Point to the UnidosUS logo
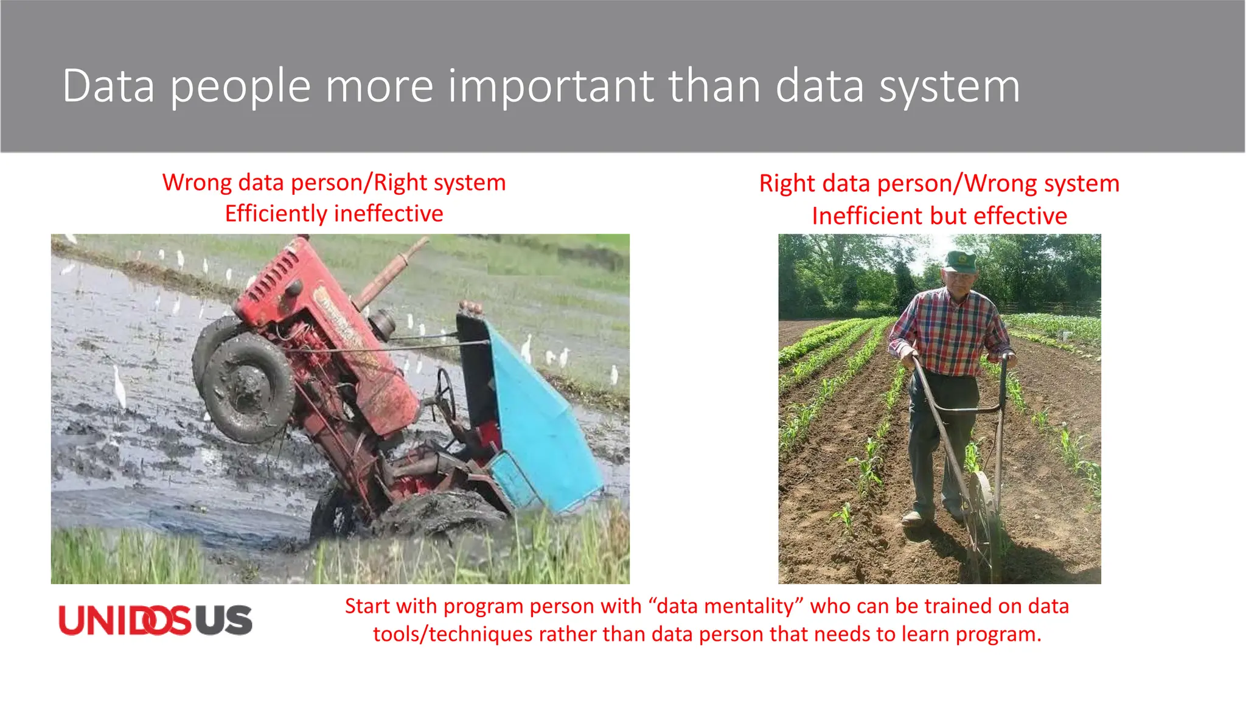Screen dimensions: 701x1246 tap(155, 620)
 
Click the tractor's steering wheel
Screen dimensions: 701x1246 tap(445, 393)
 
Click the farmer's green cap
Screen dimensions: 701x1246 tap(959, 261)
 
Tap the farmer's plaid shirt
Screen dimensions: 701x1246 tap(949, 332)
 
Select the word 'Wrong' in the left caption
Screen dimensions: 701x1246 tap(197, 183)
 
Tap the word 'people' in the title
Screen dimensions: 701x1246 tap(240, 86)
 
